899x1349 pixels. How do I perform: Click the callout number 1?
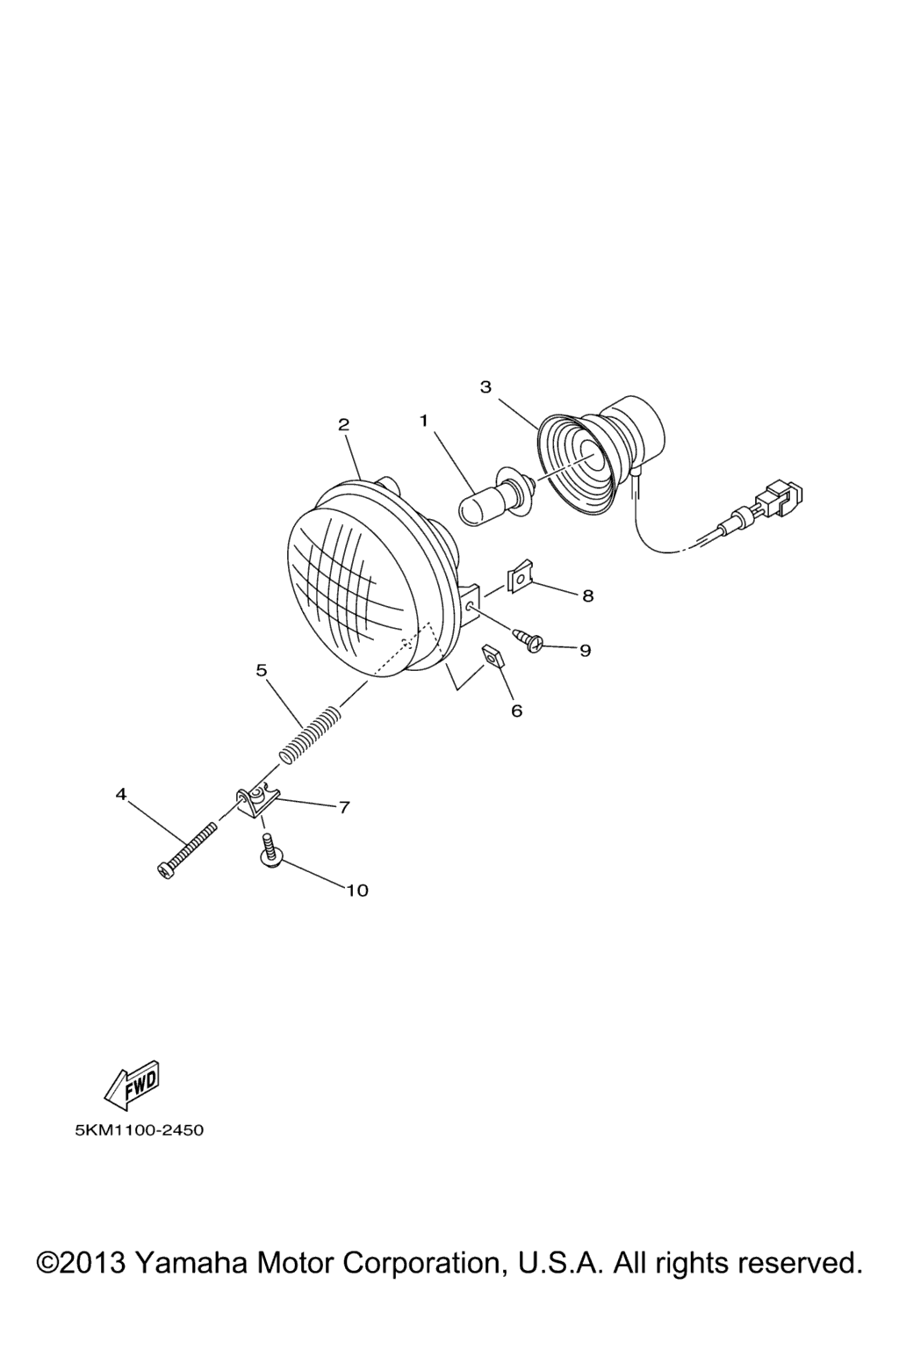click(424, 421)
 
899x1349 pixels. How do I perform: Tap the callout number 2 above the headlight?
click(343, 424)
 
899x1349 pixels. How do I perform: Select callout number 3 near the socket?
click(485, 386)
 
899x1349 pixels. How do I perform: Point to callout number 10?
click(357, 890)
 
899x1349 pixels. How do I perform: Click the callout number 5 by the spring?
click(262, 670)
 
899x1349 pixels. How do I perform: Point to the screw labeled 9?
click(529, 639)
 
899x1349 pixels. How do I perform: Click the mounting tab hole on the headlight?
click(470, 604)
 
